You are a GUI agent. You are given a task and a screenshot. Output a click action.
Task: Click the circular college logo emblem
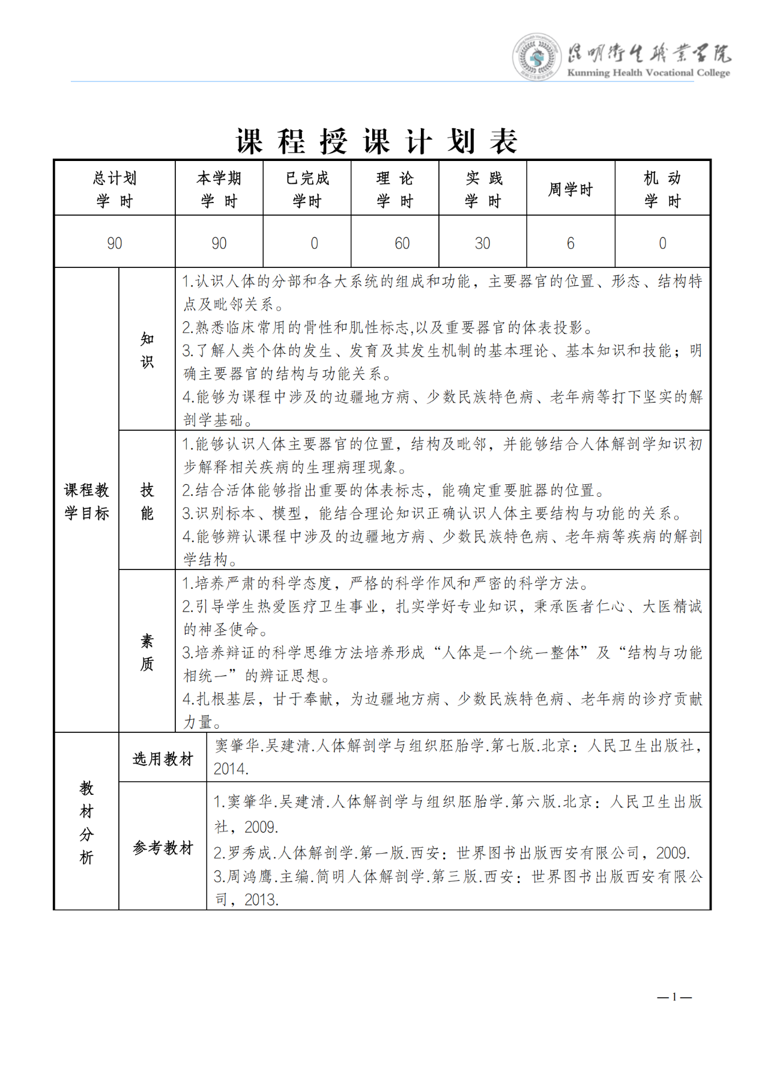(x=536, y=57)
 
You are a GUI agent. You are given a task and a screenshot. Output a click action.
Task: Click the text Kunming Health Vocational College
(x=649, y=73)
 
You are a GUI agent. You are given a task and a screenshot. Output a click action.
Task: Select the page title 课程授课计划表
(x=376, y=142)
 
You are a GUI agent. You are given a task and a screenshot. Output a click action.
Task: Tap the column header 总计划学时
(x=115, y=189)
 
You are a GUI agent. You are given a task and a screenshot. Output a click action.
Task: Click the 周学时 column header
(x=570, y=190)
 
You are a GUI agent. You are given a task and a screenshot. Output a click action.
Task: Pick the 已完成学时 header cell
(x=307, y=189)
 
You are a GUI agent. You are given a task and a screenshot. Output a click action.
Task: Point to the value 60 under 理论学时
(x=402, y=243)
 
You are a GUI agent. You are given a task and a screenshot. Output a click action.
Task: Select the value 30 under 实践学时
(x=483, y=243)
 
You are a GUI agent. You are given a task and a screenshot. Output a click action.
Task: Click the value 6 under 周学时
(x=570, y=243)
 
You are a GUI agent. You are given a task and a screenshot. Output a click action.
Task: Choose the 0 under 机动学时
(x=662, y=243)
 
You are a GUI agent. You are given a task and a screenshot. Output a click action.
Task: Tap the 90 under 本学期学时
(x=219, y=243)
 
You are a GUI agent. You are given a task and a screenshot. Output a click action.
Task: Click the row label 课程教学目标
(x=87, y=501)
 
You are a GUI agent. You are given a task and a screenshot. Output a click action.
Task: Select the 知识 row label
(x=147, y=350)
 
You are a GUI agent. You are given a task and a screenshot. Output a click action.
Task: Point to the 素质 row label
(x=147, y=652)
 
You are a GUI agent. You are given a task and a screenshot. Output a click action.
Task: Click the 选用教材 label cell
(x=163, y=759)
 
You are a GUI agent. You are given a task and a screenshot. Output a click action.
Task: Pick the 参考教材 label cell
(x=163, y=848)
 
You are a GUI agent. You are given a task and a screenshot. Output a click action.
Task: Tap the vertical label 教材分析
(x=87, y=822)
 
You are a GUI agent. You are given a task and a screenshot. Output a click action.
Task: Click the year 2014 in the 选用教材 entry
(x=231, y=769)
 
